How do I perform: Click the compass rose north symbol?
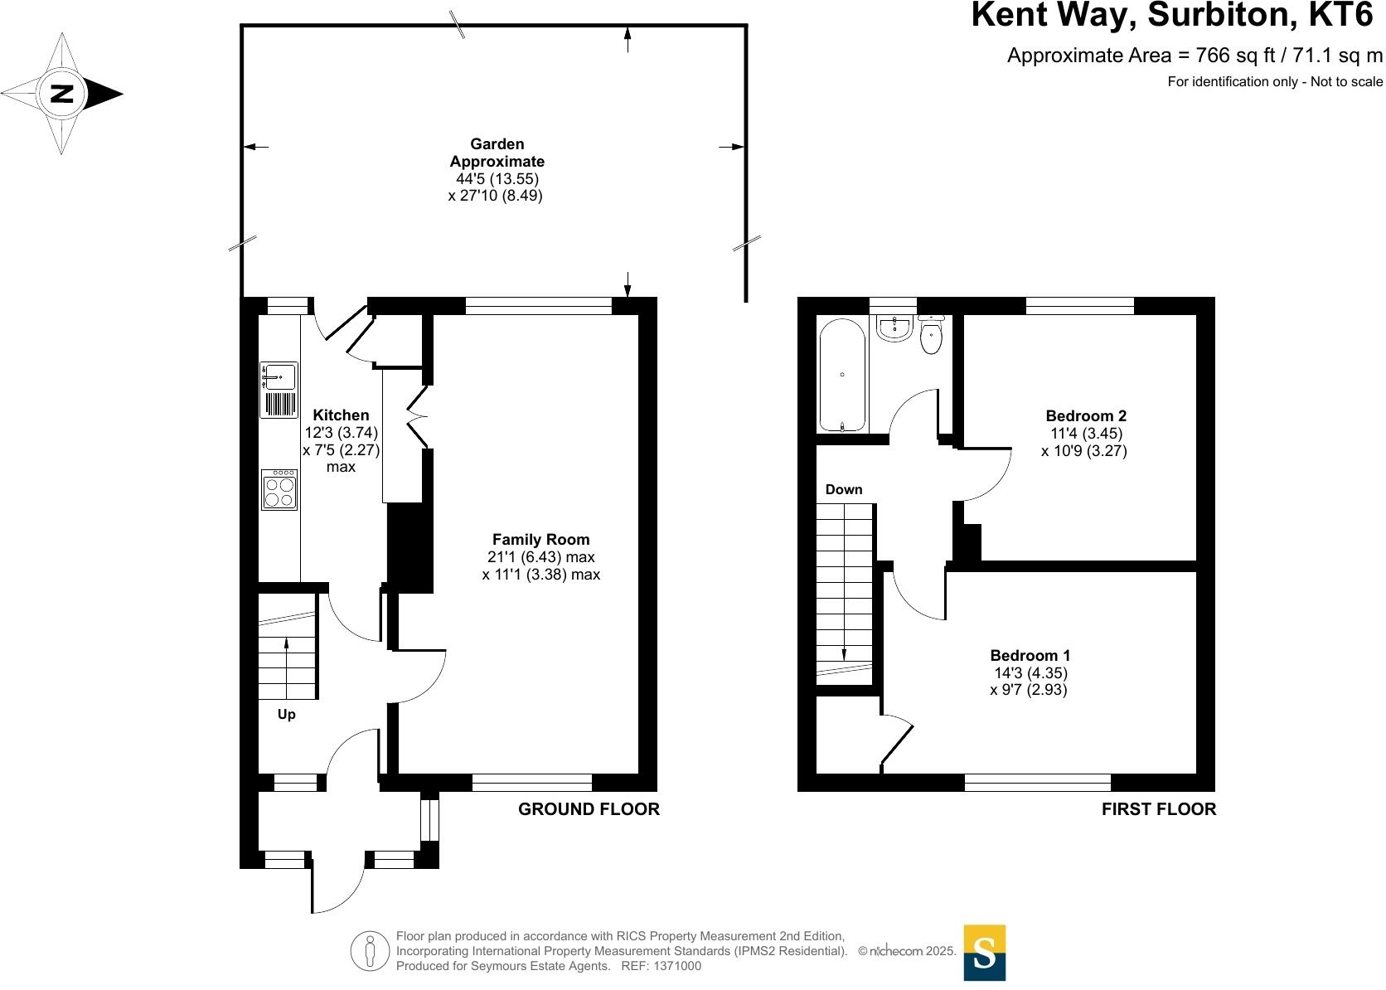[62, 93]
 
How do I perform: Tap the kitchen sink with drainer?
[279, 390]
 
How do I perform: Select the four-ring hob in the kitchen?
[279, 489]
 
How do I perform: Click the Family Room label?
[540, 539]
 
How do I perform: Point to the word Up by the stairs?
[286, 714]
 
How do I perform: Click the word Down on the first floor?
[844, 489]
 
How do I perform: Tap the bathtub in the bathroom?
[842, 375]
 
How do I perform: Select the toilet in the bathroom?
[932, 334]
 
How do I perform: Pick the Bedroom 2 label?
[1085, 415]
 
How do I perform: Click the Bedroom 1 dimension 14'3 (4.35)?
[1030, 673]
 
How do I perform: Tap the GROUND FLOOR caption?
[589, 809]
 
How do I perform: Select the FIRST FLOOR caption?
[1158, 809]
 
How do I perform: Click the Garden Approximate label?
[497, 153]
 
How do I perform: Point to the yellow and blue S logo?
[984, 953]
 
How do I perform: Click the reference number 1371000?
[677, 966]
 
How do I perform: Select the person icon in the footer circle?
[371, 951]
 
